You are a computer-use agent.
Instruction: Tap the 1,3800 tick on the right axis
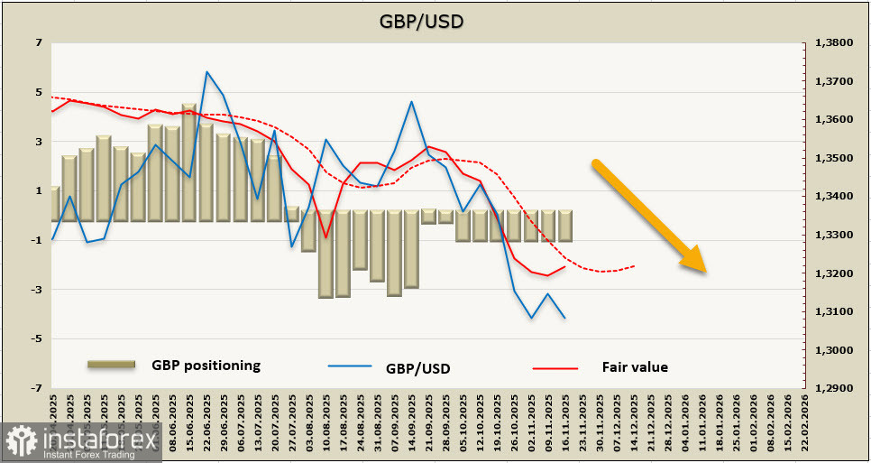pos(834,42)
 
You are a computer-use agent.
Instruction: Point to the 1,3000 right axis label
pos(834,350)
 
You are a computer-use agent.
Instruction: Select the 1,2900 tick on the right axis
pos(834,388)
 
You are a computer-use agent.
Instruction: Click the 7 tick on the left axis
pos(38,42)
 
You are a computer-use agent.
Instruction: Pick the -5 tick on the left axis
pos(36,338)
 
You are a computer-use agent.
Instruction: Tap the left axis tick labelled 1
pos(38,190)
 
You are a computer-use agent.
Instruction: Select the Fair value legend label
pos(635,367)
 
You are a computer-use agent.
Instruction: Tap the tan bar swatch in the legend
pos(111,364)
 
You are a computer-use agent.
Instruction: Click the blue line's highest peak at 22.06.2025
pos(207,71)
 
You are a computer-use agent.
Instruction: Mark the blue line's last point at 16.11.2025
pos(564,318)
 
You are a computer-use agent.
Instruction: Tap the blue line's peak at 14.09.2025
pos(411,101)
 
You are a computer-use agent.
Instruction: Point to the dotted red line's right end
pos(635,265)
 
